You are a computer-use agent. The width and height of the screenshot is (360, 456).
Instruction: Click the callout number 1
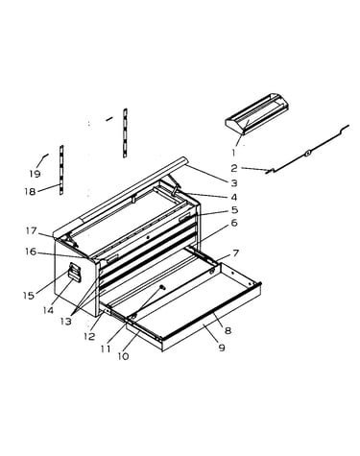tap(233, 153)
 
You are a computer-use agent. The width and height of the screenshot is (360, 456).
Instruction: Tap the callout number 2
tap(234, 168)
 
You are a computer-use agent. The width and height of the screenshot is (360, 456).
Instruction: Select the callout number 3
tap(234, 183)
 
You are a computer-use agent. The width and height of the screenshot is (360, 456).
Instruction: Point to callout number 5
tap(235, 210)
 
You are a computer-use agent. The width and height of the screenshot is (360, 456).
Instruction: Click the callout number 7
tap(236, 253)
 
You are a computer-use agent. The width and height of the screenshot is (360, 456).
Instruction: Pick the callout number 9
tap(222, 348)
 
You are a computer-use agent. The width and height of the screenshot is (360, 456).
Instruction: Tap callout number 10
tap(123, 356)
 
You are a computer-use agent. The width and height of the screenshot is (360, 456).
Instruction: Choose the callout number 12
tap(89, 336)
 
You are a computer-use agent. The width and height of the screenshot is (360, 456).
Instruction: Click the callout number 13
tap(66, 322)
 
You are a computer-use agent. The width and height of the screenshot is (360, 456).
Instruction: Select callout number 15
tap(29, 296)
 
